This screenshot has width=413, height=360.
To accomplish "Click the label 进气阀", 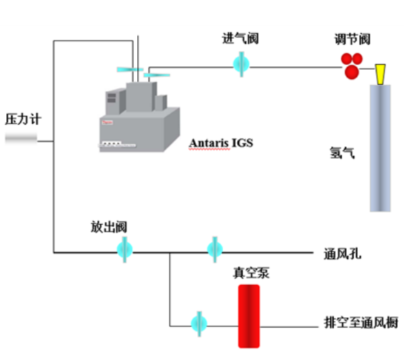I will point(240,39).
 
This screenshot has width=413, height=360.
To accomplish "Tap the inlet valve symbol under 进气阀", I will point(241,65).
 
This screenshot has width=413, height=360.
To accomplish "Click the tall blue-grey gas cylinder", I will point(381,148).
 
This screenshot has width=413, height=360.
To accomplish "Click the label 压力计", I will point(23,119).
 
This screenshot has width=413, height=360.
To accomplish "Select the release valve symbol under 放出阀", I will point(125,248).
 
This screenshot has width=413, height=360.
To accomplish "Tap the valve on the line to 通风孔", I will point(215,248).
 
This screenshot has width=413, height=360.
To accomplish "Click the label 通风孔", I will point(343,254).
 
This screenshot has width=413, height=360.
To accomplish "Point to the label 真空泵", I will point(250,272).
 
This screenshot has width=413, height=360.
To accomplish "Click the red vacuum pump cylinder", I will point(249,316).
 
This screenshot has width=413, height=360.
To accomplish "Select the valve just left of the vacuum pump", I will point(200,321).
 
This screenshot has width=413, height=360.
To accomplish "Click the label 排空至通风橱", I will point(361,322).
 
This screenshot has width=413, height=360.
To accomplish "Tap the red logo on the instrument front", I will point(108,122).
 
